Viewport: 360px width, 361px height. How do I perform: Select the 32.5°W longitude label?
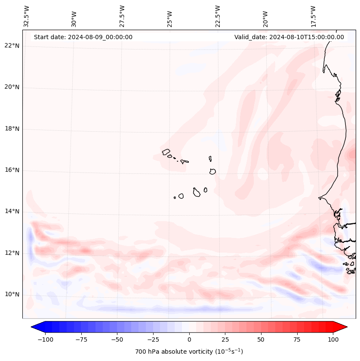point(27,16)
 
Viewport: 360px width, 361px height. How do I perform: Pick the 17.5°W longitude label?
point(314,16)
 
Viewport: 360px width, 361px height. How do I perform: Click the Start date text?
point(83,37)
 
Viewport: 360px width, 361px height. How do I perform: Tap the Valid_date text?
point(289,37)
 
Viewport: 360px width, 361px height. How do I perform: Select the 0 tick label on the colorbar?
point(189,339)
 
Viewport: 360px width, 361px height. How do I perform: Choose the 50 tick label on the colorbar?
point(261,339)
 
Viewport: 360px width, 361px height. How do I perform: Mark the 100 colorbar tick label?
point(333,339)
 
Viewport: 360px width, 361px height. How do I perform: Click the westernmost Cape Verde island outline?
point(166,152)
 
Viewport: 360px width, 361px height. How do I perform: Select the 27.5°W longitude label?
point(122,16)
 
